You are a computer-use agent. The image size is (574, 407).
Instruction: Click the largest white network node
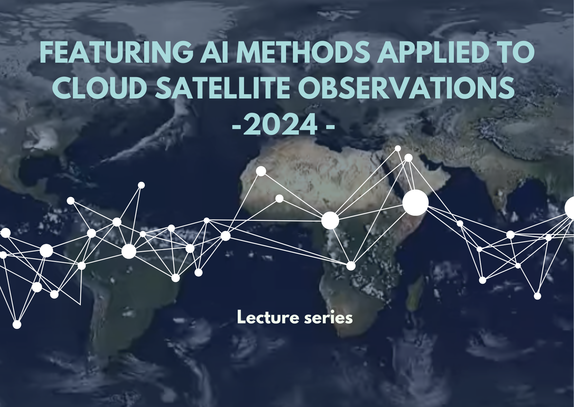(415, 203)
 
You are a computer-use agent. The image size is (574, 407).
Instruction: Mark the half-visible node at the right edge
(569, 208)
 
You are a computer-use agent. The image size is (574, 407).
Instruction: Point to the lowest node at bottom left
(17, 325)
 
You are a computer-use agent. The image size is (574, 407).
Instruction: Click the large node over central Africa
(330, 220)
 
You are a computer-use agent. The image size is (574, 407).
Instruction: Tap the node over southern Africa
(351, 266)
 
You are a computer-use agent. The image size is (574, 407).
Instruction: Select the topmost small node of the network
(398, 148)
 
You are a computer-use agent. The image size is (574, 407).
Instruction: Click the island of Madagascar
(415, 294)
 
